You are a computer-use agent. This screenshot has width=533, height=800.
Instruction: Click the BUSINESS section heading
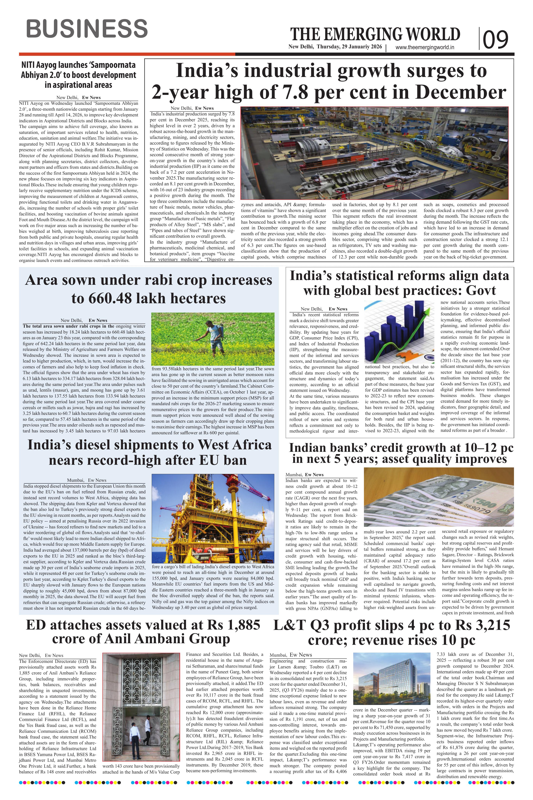[87, 29]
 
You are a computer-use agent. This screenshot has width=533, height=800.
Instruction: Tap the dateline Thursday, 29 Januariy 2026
[349, 47]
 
